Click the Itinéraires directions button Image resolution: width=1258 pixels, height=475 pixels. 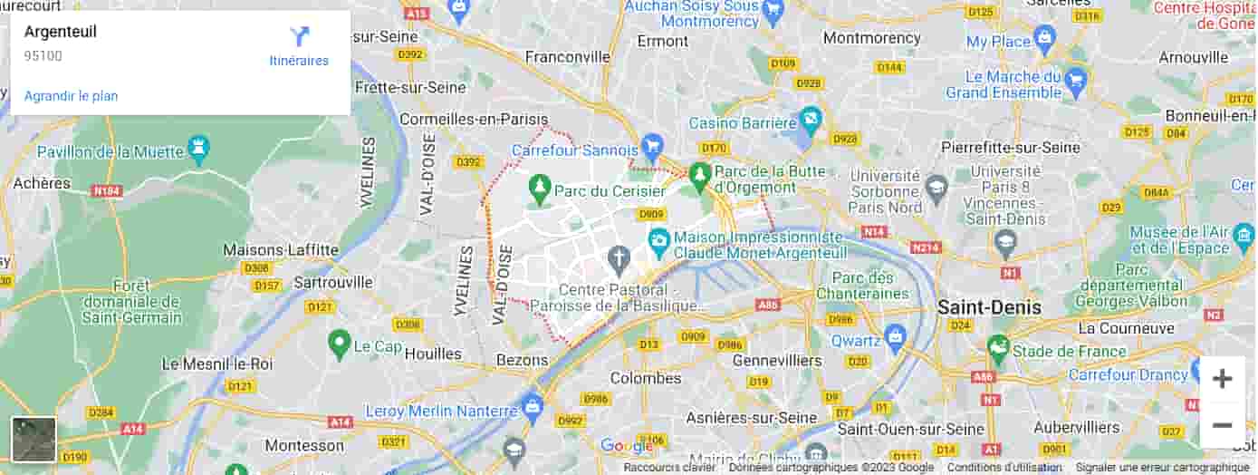[x=299, y=46]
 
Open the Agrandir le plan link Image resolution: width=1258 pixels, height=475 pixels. [x=71, y=96]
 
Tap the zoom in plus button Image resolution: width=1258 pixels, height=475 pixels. [x=1222, y=379]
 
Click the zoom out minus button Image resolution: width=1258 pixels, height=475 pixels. [x=1222, y=425]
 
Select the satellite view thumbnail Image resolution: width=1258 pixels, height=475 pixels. [x=34, y=440]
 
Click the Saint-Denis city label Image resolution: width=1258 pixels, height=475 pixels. [x=989, y=306]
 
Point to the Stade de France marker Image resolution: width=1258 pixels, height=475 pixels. [x=998, y=345]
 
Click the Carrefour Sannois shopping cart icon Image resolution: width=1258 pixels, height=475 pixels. [x=651, y=144]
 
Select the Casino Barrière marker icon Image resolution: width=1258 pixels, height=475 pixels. [x=810, y=118]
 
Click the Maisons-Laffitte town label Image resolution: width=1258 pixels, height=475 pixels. [x=281, y=249]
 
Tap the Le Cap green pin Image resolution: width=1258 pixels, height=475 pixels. [x=340, y=342]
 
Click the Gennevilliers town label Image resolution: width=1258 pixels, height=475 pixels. [x=776, y=360]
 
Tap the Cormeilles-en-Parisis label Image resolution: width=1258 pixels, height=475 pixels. [x=474, y=119]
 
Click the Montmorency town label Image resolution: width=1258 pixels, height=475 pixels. [x=872, y=38]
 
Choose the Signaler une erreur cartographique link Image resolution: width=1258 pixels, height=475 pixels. [x=1162, y=468]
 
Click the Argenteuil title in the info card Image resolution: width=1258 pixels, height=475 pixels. [x=61, y=32]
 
